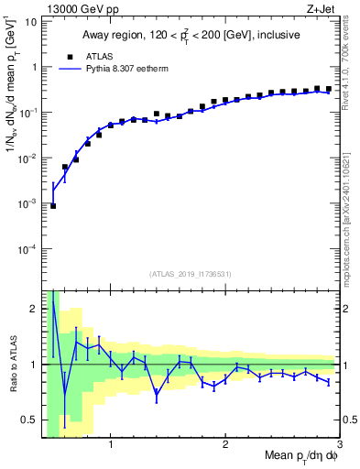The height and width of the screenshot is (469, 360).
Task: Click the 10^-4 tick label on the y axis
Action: tap(28, 248)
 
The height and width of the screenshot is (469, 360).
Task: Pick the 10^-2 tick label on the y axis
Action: tap(28, 158)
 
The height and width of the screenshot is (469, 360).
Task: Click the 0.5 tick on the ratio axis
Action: tap(29, 420)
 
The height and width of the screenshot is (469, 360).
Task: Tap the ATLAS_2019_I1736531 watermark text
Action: tap(191, 274)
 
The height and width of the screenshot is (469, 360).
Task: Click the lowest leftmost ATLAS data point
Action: tap(53, 206)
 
